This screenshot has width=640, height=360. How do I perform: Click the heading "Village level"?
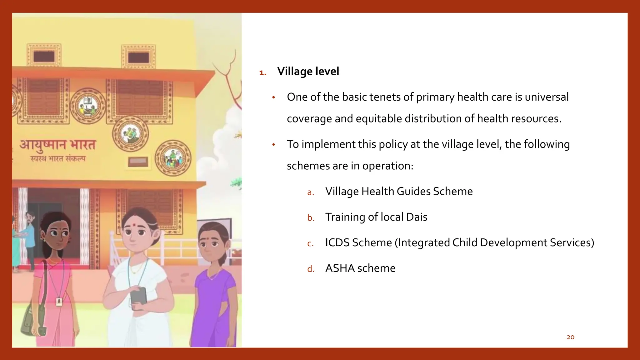308,72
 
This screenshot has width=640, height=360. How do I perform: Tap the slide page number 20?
570,337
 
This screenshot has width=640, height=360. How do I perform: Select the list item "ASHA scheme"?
360,268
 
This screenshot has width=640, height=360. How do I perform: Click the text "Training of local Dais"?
376,217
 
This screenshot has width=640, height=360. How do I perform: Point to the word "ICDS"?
337,242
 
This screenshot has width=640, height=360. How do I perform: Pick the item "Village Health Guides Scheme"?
399,191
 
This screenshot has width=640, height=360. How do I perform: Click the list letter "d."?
311,269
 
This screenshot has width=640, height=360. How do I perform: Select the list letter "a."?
310,192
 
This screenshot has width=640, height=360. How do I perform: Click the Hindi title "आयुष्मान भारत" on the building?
57,145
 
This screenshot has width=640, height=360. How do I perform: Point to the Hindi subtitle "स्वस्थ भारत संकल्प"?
58,159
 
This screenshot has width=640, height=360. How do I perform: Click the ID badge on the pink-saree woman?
59,302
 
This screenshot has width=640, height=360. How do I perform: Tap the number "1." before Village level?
263,73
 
